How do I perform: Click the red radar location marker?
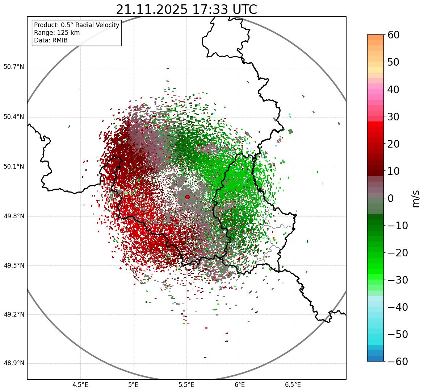tap(187, 197)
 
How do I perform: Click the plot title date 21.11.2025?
tap(152, 9)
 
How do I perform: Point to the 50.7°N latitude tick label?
tap(14, 67)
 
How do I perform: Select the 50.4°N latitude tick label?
tap(14, 117)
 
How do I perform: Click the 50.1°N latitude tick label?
tap(14, 167)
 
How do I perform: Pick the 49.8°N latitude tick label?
tap(14, 216)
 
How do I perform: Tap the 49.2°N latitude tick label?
tap(14, 314)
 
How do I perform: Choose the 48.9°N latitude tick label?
tap(14, 363)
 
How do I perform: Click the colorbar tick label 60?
tap(394, 35)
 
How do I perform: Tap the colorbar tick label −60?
tap(398, 362)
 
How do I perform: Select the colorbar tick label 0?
tap(391, 198)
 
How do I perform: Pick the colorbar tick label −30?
tap(398, 280)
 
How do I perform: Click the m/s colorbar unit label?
tap(416, 198)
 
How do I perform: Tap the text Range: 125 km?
tap(57, 33)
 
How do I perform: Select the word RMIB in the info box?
tap(59, 40)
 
